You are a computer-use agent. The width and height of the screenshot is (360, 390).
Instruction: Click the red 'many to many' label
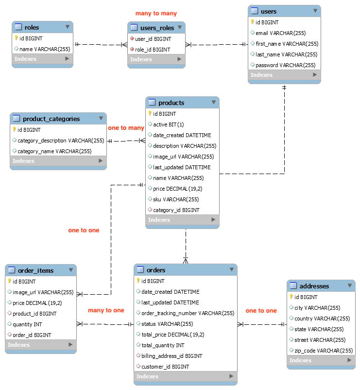click(156, 14)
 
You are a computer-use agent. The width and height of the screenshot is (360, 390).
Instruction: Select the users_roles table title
click(157, 28)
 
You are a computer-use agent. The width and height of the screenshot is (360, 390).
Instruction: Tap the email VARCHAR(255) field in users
click(280, 33)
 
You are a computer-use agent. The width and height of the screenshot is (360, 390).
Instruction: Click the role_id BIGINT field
click(153, 50)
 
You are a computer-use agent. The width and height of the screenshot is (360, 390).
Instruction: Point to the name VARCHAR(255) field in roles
click(45, 49)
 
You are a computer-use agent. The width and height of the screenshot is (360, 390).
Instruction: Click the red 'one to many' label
click(126, 128)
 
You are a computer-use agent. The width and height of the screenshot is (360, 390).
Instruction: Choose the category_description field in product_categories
click(61, 141)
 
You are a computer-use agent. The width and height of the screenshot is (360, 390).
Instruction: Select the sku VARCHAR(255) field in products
click(176, 199)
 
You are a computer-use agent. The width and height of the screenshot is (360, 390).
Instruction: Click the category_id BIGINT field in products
click(176, 210)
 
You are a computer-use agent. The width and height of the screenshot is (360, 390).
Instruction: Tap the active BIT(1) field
click(169, 124)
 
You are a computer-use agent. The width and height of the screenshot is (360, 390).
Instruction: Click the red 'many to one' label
click(106, 310)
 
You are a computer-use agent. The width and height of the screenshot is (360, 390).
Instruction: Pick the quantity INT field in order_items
click(27, 324)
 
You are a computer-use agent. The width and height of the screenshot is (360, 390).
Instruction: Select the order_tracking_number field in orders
click(188, 313)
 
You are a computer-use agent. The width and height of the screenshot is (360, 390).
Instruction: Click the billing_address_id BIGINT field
click(171, 356)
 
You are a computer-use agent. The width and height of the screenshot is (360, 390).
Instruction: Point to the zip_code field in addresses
click(324, 351)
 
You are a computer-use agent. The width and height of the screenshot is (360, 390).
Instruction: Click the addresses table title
click(314, 286)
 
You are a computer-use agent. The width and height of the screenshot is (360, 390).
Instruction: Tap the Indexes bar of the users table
click(284, 75)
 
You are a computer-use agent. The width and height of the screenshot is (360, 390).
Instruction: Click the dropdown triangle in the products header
click(214, 102)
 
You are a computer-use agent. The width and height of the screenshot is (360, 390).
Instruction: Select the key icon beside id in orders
click(138, 281)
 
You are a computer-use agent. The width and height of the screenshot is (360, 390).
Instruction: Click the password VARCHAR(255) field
click(286, 65)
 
